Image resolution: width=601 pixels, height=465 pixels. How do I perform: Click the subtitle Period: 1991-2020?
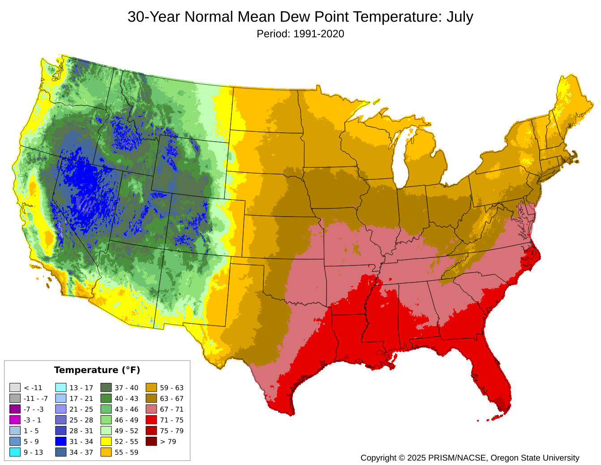[300, 34]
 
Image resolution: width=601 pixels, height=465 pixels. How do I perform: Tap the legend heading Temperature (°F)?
[97, 370]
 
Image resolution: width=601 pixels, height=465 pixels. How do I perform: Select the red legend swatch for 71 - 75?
[151, 420]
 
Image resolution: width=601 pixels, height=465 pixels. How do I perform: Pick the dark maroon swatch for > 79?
[151, 442]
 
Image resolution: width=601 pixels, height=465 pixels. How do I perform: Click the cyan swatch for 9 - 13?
[15, 452]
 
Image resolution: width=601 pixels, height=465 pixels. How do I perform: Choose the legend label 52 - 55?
[126, 442]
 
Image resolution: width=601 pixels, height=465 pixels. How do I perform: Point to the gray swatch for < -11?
[15, 388]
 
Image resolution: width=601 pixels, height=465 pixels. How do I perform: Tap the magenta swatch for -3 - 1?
[15, 420]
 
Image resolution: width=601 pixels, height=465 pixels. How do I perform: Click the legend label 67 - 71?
[172, 409]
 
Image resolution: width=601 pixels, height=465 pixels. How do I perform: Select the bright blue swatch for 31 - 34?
[61, 442]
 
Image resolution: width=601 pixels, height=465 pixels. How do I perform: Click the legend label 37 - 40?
[126, 388]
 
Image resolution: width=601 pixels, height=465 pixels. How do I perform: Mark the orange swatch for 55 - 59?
[106, 452]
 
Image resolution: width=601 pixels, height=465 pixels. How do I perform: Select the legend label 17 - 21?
[81, 399]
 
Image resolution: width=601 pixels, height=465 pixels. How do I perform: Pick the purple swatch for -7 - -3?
[15, 409]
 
